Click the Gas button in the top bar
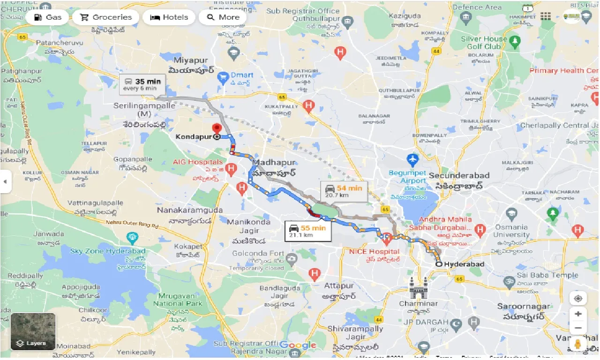click(x=47, y=17)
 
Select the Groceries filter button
click(x=105, y=17)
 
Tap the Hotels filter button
click(x=169, y=17)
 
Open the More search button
click(x=223, y=17)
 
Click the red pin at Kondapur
click(x=217, y=129)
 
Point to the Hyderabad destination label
click(x=464, y=264)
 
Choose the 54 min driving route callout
click(x=344, y=191)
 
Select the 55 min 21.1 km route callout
click(x=307, y=230)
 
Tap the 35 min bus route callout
click(x=142, y=84)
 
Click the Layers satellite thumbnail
click(x=33, y=331)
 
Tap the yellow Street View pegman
click(x=578, y=344)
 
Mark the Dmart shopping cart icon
click(x=224, y=76)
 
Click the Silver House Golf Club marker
click(x=515, y=41)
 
